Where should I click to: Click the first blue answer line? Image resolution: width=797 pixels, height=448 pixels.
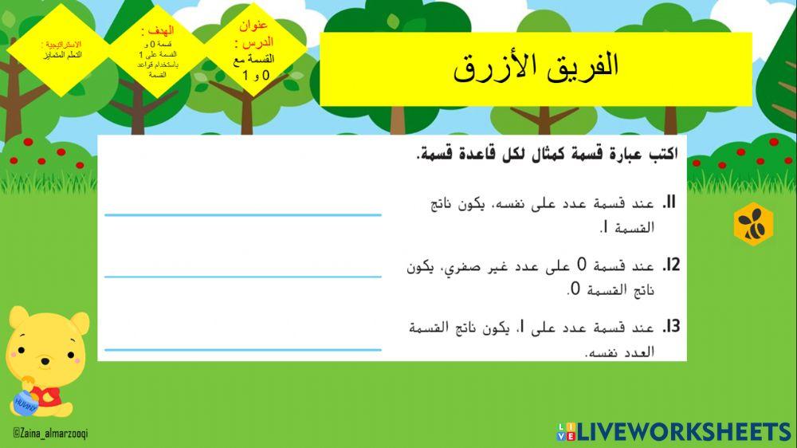(243, 214)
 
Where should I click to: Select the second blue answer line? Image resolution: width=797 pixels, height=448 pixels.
(243, 277)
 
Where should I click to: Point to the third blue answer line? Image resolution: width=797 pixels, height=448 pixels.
(243, 349)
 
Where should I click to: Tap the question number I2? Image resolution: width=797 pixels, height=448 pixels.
(670, 265)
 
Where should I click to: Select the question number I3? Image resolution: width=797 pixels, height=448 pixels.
(670, 327)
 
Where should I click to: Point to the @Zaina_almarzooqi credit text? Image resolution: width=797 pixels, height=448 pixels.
(50, 432)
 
